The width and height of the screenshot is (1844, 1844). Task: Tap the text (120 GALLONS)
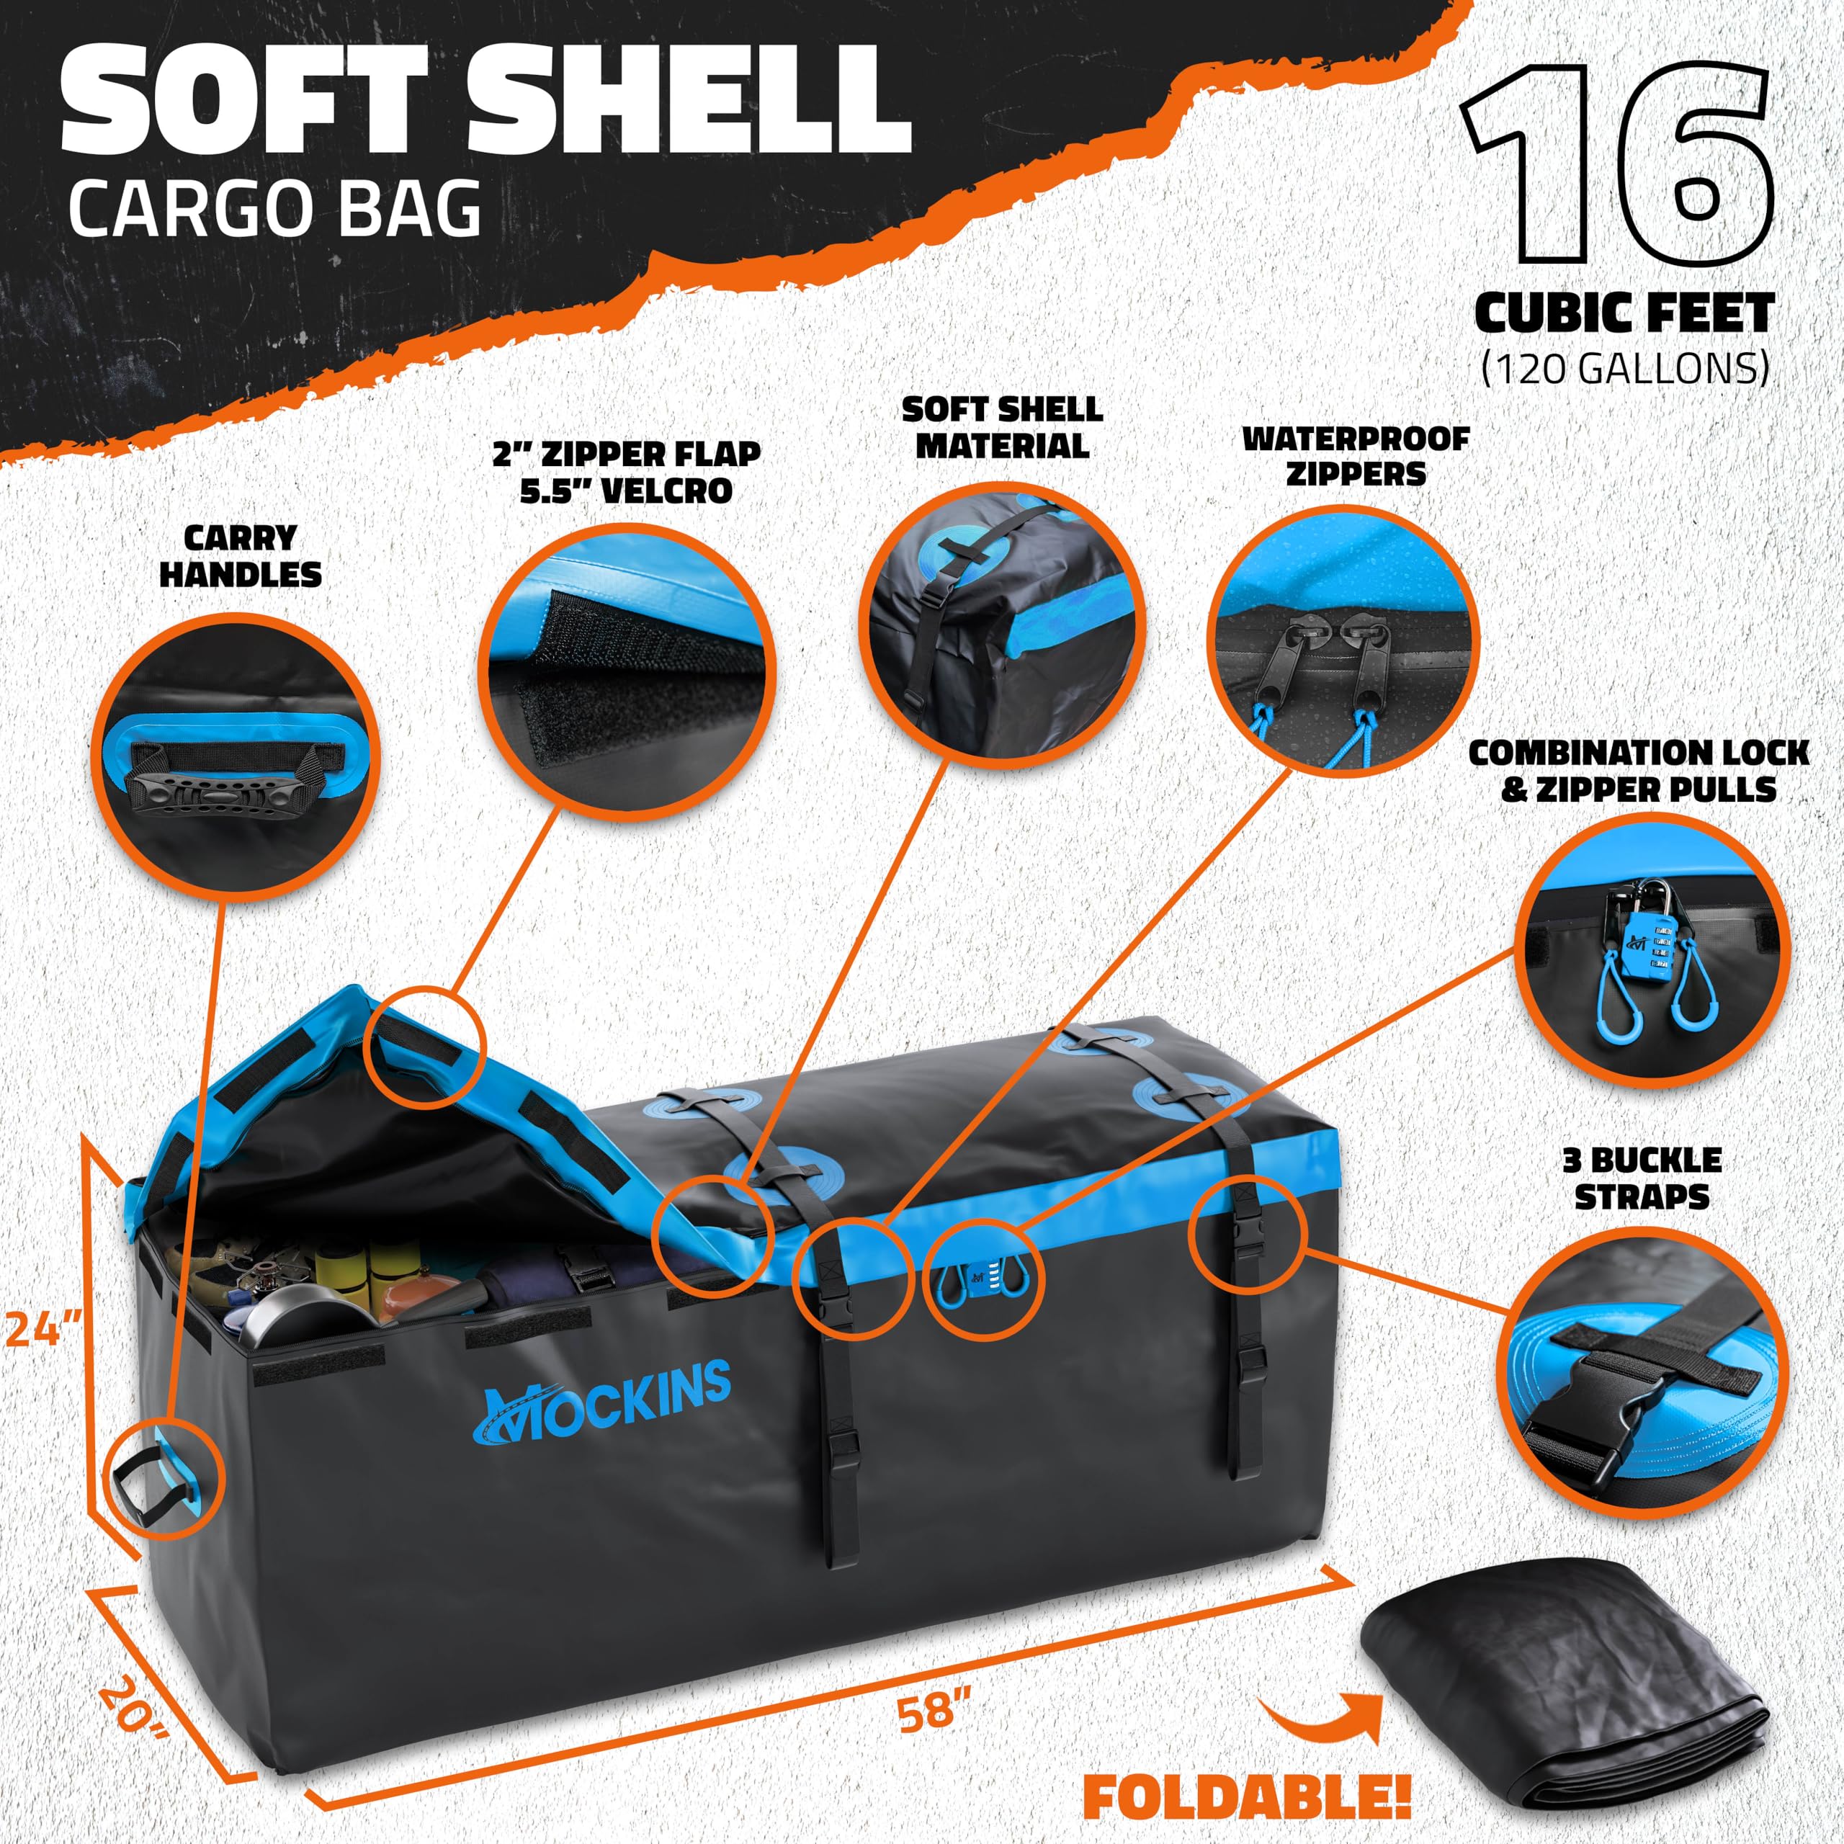coord(1624,367)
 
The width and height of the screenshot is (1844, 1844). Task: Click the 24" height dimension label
coord(44,1328)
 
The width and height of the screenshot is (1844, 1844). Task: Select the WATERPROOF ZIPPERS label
coord(1356,456)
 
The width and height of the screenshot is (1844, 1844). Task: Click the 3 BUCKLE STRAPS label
coord(1642,1178)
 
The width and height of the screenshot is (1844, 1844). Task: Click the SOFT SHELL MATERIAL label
coord(1002,428)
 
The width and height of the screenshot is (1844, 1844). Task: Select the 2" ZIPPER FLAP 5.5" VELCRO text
coord(626,472)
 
